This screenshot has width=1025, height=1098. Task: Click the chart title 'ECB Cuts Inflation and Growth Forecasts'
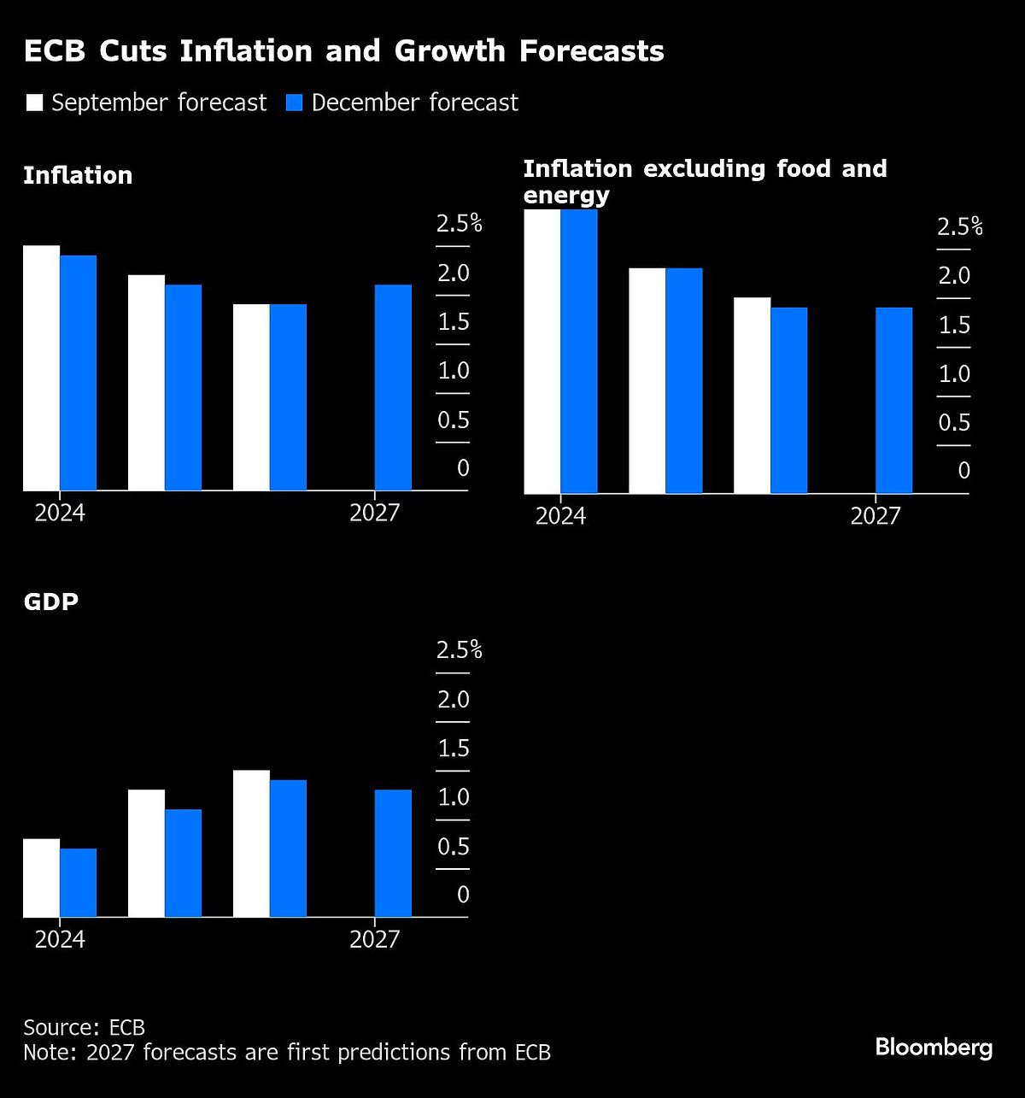(x=343, y=51)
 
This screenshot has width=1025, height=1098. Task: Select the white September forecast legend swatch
(x=34, y=103)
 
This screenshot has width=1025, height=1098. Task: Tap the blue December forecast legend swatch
(x=295, y=103)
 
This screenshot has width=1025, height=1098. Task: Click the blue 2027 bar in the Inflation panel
(x=393, y=387)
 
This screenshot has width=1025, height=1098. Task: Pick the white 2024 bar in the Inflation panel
(x=41, y=367)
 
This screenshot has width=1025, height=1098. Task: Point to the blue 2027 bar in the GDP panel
(x=393, y=853)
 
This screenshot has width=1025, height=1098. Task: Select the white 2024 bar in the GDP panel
(x=41, y=878)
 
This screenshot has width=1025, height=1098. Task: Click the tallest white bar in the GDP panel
(x=251, y=843)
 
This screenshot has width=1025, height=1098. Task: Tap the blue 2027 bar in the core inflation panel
(x=893, y=400)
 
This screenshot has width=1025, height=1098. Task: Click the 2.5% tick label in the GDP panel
(x=459, y=650)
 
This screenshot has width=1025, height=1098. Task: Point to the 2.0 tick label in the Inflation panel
(x=454, y=273)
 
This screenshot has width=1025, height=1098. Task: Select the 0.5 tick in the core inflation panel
(x=954, y=423)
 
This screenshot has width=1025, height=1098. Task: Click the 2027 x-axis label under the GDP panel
(x=374, y=939)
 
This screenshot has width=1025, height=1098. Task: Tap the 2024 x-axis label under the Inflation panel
(x=60, y=513)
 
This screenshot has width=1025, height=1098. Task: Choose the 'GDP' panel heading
(x=51, y=602)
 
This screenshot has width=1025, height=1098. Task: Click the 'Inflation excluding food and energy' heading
(x=705, y=181)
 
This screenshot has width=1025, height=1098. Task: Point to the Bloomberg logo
(x=934, y=1048)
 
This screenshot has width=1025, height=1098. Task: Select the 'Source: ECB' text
(x=84, y=1027)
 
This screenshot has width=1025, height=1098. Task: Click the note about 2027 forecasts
(x=286, y=1052)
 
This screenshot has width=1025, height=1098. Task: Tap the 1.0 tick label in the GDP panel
(x=454, y=797)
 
